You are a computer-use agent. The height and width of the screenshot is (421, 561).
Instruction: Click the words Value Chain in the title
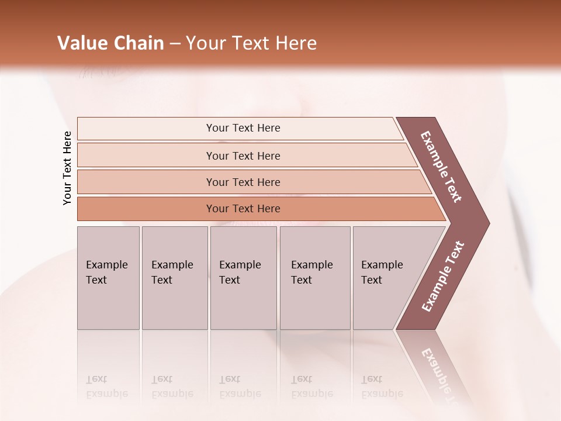click(x=110, y=43)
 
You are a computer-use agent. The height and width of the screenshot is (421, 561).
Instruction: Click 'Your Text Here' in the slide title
click(x=251, y=43)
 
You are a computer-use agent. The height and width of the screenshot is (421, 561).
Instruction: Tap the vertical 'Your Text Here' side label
click(x=67, y=168)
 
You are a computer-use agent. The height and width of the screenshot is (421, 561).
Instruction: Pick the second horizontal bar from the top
click(x=243, y=156)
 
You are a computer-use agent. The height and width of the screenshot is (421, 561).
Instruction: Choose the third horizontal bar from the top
click(x=243, y=182)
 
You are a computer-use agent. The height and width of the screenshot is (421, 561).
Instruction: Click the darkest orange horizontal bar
click(x=243, y=209)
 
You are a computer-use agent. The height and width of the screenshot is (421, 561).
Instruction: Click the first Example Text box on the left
click(x=108, y=277)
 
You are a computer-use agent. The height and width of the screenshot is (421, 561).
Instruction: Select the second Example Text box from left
click(x=174, y=277)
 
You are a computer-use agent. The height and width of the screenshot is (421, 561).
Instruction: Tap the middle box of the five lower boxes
click(x=243, y=277)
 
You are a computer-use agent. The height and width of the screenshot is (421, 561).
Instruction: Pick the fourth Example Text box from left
click(x=314, y=277)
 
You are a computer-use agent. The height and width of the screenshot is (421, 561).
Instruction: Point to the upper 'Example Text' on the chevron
click(x=441, y=167)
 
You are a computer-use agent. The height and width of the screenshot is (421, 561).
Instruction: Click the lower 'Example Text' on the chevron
click(x=442, y=276)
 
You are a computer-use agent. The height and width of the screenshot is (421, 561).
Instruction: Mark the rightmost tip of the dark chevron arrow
click(x=488, y=223)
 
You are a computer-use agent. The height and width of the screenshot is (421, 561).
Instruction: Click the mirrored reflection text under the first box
click(x=107, y=387)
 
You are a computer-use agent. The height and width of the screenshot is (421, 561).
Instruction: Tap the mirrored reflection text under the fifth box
click(x=382, y=387)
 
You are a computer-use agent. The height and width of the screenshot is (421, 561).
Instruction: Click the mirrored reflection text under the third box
click(x=240, y=387)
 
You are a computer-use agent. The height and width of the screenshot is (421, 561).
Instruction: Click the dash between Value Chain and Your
click(x=175, y=44)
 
